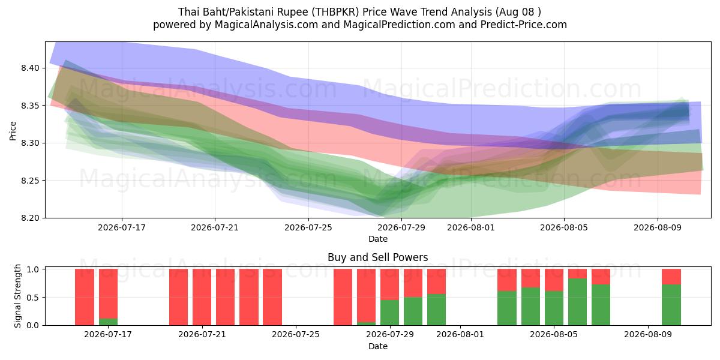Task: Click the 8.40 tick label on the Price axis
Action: [30, 68]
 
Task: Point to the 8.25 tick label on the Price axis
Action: [30, 181]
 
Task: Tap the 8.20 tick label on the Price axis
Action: [30, 218]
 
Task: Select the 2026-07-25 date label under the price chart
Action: [308, 227]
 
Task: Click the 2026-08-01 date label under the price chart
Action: [471, 227]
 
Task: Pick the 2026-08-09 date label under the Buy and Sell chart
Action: [648, 335]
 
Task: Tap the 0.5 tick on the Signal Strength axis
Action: [33, 298]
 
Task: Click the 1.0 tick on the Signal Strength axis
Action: [33, 269]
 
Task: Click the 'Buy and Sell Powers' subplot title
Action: [377, 257]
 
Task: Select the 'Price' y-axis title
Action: [13, 131]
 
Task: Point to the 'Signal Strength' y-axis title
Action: [17, 296]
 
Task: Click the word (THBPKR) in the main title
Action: [335, 12]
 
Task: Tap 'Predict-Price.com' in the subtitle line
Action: [524, 25]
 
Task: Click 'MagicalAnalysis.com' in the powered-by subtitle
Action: [266, 25]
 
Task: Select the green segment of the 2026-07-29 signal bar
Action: [389, 313]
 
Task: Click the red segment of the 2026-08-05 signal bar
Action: [554, 280]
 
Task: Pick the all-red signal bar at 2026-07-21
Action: [202, 297]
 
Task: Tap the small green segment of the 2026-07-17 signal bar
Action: [109, 322]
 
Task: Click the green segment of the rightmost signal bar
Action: [671, 305]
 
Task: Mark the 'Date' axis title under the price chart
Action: [377, 239]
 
